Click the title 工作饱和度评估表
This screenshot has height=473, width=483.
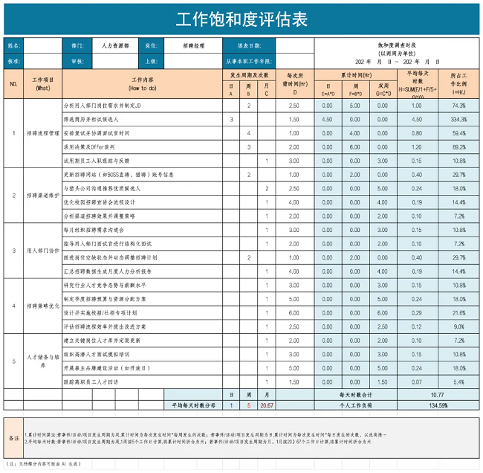pyautogui.click(x=241, y=18)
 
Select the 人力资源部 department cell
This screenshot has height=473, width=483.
pyautogui.click(x=115, y=45)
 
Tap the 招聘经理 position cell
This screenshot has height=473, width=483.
pyautogui.click(x=194, y=45)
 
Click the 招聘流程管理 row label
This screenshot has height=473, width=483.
pyautogui.click(x=43, y=133)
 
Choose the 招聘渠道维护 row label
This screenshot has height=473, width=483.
pyautogui.click(x=43, y=196)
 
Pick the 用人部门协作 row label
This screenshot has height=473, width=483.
pyautogui.click(x=43, y=251)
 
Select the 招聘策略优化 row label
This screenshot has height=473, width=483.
pyautogui.click(x=43, y=306)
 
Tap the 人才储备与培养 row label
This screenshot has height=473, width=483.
pyautogui.click(x=43, y=361)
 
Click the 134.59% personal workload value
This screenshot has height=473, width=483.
pyautogui.click(x=438, y=405)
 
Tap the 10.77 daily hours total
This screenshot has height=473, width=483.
pyautogui.click(x=438, y=395)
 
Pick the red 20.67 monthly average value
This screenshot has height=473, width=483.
pyautogui.click(x=267, y=405)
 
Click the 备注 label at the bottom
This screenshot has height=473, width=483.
pyautogui.click(x=13, y=439)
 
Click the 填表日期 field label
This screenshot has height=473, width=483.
pyautogui.click(x=249, y=45)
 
